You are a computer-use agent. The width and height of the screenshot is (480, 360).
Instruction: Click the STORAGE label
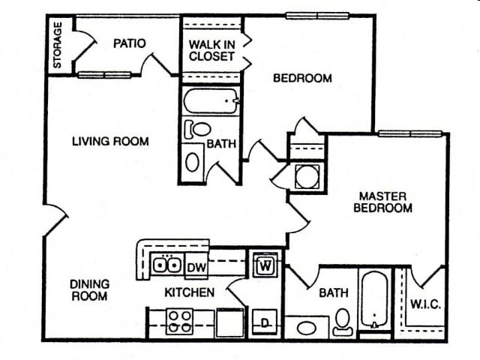point(58,46)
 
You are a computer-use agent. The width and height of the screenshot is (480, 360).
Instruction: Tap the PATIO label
point(129,43)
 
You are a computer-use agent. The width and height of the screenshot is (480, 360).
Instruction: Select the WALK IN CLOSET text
point(211,50)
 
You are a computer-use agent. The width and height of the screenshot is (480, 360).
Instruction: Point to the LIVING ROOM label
point(110,141)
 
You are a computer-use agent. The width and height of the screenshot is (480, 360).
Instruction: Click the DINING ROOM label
point(89,290)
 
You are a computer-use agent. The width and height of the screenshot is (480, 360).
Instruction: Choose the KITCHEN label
point(190,292)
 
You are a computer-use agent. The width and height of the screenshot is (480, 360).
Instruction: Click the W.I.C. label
point(424,305)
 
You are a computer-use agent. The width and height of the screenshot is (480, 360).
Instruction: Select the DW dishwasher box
point(196,265)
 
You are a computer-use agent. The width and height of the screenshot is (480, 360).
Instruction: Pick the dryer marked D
point(265,322)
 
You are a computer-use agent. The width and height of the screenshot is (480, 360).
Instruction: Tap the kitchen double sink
point(166,264)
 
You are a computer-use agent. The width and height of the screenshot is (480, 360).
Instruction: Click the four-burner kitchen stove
point(180,322)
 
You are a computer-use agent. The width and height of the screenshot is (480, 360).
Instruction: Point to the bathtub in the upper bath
point(211,100)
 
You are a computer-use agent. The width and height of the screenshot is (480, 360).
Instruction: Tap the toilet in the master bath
point(343,320)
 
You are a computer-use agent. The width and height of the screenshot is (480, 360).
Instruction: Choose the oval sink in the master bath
point(306,328)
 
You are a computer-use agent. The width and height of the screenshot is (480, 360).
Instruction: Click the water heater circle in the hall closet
point(307,177)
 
